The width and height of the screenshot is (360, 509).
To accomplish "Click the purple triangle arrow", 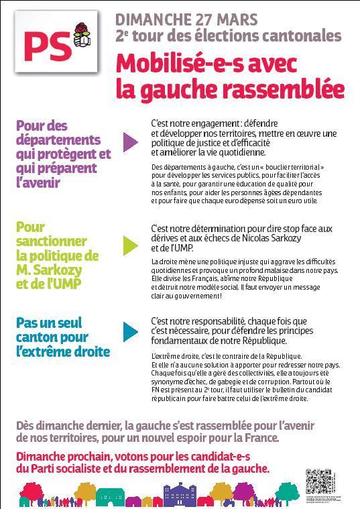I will point(130,142).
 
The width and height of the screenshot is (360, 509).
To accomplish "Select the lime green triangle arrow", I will point(130,244).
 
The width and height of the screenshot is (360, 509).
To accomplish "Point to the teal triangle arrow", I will point(130,331).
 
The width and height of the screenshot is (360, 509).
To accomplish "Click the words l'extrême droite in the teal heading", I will point(62,351).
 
